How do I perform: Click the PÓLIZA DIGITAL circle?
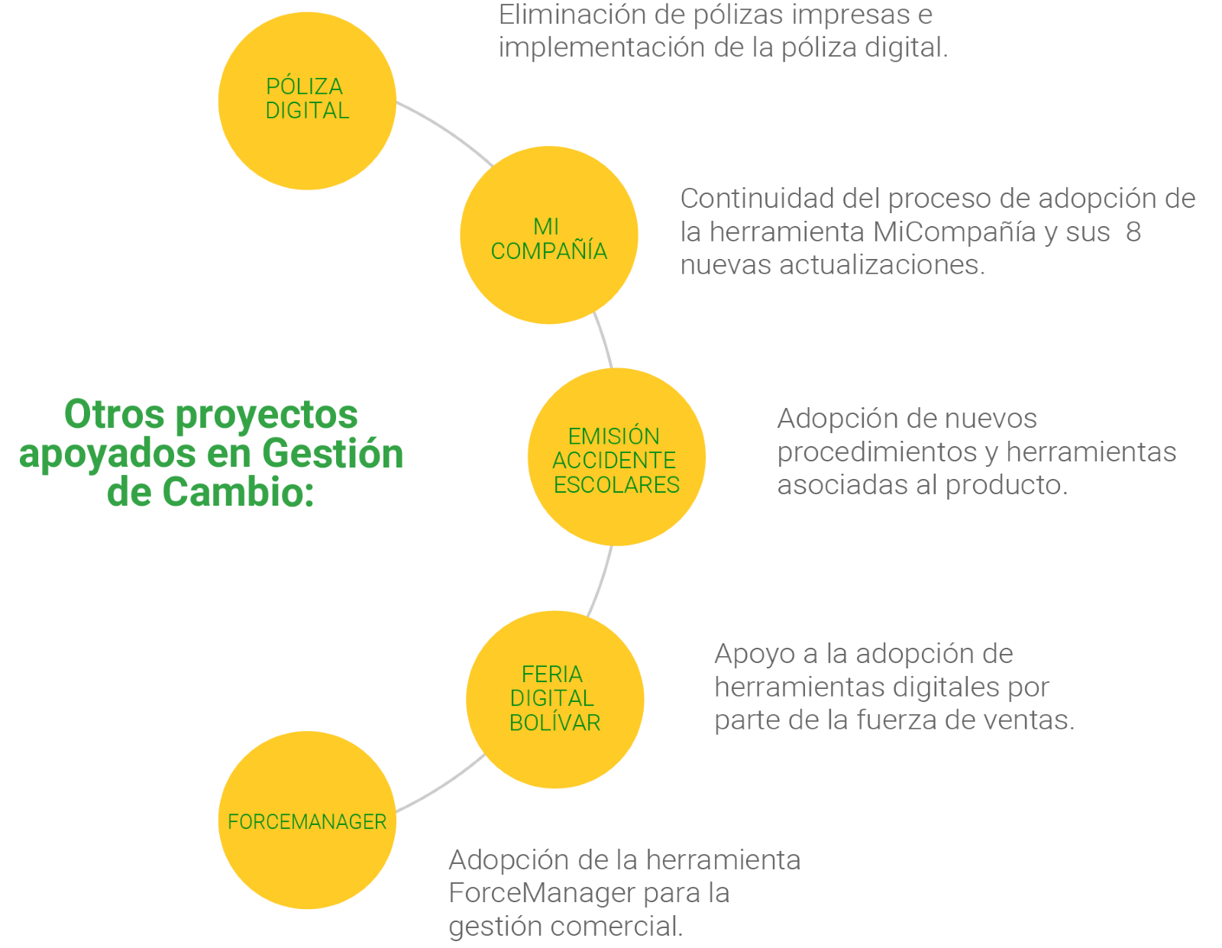click(307, 101)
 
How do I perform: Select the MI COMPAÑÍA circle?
click(549, 235)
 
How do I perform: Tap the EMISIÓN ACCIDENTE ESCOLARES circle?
click(616, 457)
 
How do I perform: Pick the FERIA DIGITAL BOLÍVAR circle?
click(555, 700)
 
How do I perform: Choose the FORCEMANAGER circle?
click(307, 820)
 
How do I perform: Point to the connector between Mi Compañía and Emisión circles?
click(604, 340)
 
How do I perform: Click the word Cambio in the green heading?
click(238, 492)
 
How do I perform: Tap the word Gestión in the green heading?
click(333, 453)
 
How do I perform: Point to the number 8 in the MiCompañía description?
click(1133, 231)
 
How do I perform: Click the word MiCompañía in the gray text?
click(955, 231)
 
